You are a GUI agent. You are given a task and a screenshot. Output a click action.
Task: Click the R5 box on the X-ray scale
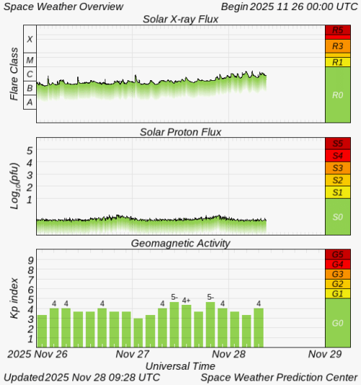[x=338, y=30]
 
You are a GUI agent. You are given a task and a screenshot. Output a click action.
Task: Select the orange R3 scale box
[x=338, y=45]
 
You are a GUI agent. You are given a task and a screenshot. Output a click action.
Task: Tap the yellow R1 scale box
[x=338, y=62]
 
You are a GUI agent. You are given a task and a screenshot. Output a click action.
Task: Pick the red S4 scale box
[x=338, y=155]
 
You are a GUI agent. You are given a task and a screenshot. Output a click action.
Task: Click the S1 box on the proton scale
[x=338, y=192]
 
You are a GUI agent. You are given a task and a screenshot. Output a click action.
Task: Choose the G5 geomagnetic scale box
[x=338, y=254]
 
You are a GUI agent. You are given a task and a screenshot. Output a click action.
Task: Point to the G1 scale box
[x=338, y=293]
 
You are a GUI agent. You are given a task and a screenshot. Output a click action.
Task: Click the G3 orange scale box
[x=338, y=274]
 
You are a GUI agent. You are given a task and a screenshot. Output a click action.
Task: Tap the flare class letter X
[x=30, y=39]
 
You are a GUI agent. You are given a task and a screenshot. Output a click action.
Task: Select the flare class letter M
[x=30, y=60]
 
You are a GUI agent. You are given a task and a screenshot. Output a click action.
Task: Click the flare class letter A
[x=30, y=103]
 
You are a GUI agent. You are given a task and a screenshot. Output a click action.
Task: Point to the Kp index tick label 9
[x=30, y=260]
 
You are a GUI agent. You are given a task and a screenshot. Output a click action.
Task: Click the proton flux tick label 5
[x=30, y=150]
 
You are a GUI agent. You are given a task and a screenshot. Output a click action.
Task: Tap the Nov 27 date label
[x=132, y=355]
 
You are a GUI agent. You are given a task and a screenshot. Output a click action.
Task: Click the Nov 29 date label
[x=324, y=355]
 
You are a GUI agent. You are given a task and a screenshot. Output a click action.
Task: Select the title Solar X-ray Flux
[x=180, y=19]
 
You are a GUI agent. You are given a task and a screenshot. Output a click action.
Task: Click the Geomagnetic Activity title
[x=180, y=243]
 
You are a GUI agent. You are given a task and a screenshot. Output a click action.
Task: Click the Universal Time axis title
[x=180, y=366]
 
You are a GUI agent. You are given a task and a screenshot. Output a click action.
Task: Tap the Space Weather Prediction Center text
[x=279, y=377]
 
